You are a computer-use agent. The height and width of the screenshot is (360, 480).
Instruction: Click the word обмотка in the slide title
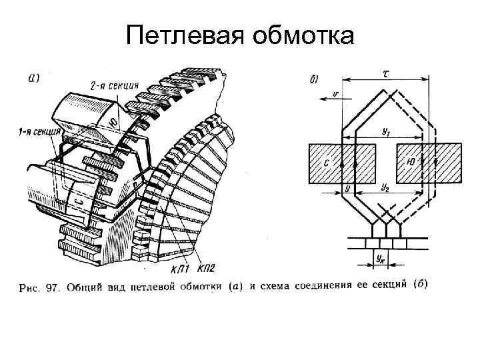[x=303, y=37]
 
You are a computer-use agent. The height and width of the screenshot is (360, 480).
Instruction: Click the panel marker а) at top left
[x=34, y=77]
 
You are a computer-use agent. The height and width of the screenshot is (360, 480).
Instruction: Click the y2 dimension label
[x=385, y=189]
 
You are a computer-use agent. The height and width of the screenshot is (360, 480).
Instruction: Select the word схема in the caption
[x=270, y=287]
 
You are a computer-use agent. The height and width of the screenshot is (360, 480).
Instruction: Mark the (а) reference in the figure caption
[x=235, y=287]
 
